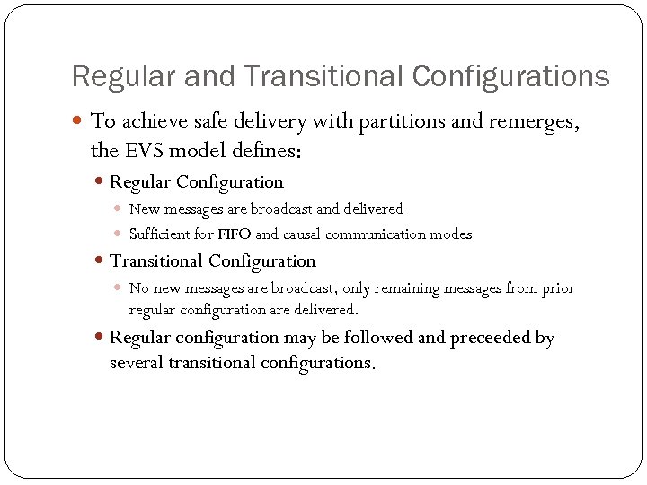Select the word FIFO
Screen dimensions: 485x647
[235, 234]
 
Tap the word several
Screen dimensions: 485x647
[136, 363]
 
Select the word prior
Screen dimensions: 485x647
[558, 288]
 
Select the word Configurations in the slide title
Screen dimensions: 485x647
[511, 76]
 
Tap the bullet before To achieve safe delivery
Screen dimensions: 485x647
[79, 121]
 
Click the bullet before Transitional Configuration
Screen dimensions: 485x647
[100, 261]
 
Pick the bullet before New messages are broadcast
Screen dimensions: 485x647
[120, 209]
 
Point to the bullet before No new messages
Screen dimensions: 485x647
[120, 288]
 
